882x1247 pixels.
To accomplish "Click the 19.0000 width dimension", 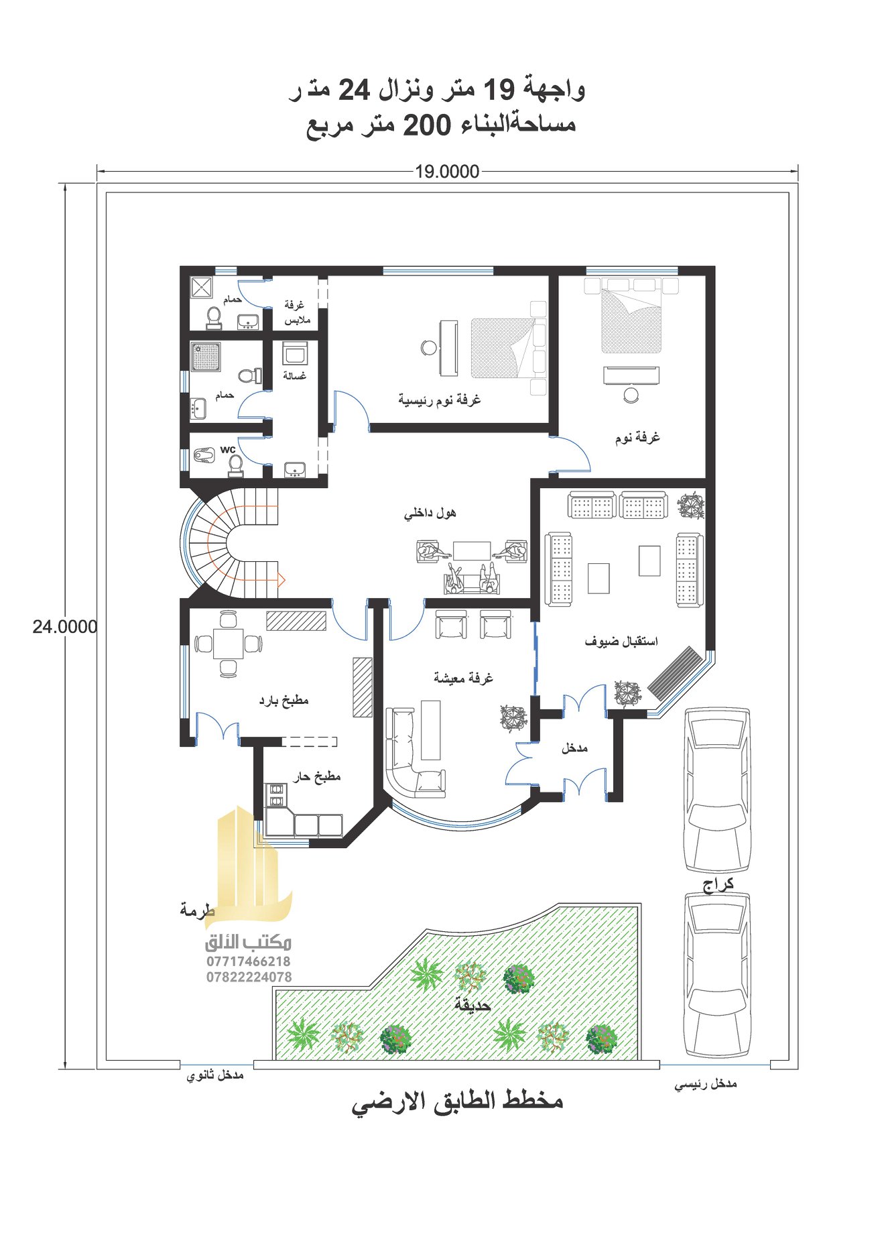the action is pos(447,172).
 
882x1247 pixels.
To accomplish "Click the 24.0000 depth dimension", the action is pos(65,627).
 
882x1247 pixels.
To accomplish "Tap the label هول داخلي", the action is pos(430,513).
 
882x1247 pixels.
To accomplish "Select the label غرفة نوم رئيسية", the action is pos(440,400).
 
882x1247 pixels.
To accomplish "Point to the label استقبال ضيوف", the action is pos(621,642).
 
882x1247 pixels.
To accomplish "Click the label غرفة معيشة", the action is pos(463,677).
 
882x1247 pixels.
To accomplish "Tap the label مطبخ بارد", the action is pos(283,701).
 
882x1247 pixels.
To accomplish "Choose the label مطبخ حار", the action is pos(316,776).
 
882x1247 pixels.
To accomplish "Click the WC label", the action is pos(228,450).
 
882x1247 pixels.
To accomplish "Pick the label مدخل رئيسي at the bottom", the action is pos(706,1084).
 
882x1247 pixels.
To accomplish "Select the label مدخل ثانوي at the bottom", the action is pos(215,1075).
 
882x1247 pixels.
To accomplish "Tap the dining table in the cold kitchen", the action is pos(228,644).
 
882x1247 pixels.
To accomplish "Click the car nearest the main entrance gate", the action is pos(716,976).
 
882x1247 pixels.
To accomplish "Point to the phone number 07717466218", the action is pos(249,961).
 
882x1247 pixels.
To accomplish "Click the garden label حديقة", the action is pos(472,1006).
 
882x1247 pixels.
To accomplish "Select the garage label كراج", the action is pos(718,885).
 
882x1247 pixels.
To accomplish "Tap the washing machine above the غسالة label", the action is pos(294,353).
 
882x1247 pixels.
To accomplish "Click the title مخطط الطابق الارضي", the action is pos(458,1103).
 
